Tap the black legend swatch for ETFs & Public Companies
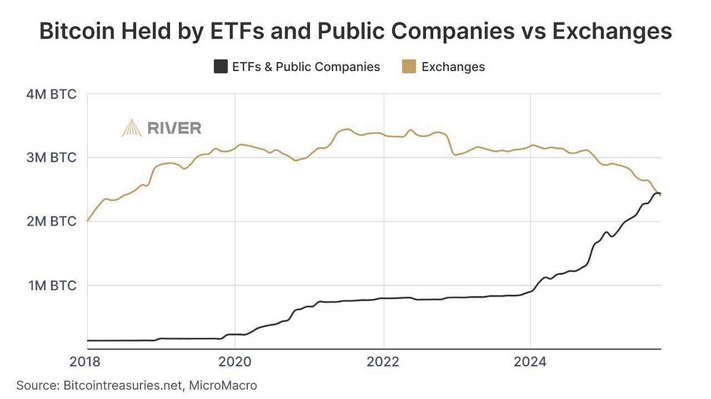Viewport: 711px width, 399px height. click(220, 67)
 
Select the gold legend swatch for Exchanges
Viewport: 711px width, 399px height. click(409, 67)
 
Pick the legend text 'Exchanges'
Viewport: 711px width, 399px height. click(453, 67)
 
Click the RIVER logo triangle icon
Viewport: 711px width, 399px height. click(132, 127)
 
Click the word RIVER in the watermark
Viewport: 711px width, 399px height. click(174, 128)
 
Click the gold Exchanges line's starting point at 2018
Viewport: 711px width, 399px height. click(88, 221)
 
